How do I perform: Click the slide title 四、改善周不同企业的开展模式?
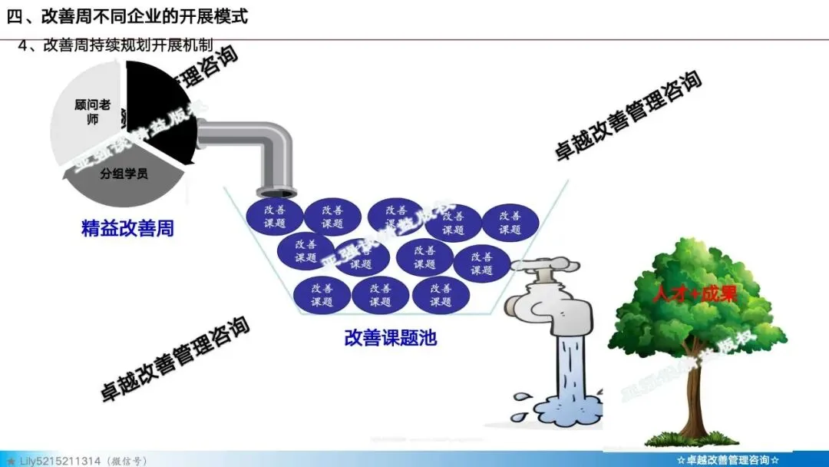click(127, 16)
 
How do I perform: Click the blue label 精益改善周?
click(127, 228)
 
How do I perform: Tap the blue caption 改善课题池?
click(391, 336)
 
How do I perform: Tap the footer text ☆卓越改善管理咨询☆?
click(728, 460)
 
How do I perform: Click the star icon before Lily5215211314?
click(10, 460)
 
